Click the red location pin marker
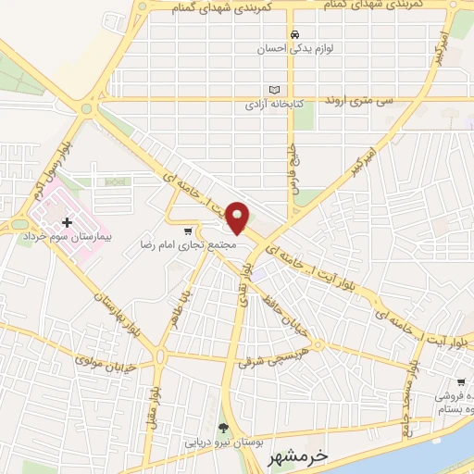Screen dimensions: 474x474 pyautogui.click(x=239, y=217)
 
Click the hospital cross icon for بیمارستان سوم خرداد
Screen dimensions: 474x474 pyautogui.click(x=68, y=222)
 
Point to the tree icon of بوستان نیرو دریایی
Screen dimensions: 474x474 pyautogui.click(x=222, y=427)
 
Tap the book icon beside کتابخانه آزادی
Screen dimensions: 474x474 pyautogui.click(x=273, y=91)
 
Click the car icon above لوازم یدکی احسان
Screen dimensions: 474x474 pyautogui.click(x=294, y=33)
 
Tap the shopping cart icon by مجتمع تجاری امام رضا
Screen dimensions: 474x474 pyautogui.click(x=190, y=231)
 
